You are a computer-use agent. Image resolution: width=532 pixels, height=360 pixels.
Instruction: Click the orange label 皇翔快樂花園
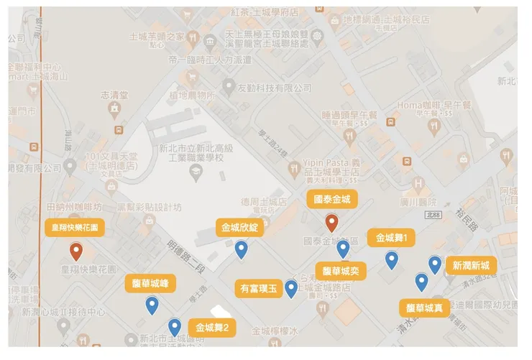(75, 227)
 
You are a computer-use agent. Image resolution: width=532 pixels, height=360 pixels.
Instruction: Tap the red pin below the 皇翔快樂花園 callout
(76, 251)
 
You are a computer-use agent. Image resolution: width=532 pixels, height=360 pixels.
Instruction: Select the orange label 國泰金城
(331, 199)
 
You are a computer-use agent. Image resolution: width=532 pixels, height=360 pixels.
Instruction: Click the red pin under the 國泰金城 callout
(331, 223)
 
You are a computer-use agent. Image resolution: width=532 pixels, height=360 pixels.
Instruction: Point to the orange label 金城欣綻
(241, 229)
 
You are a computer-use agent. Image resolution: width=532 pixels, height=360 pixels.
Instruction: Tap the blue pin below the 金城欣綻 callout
(242, 249)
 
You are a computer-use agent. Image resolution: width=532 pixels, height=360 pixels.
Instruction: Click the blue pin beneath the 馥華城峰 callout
(151, 306)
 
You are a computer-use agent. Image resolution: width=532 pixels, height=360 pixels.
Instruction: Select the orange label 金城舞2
(211, 328)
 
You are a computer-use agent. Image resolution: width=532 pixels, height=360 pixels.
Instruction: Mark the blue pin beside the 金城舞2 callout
(174, 328)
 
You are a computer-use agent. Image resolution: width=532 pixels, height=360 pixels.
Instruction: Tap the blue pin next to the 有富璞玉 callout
(290, 288)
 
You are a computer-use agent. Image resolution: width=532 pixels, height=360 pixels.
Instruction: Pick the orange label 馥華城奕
(341, 271)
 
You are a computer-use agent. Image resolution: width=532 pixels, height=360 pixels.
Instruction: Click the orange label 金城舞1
(391, 238)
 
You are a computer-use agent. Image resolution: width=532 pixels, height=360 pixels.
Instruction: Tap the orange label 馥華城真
(424, 308)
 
